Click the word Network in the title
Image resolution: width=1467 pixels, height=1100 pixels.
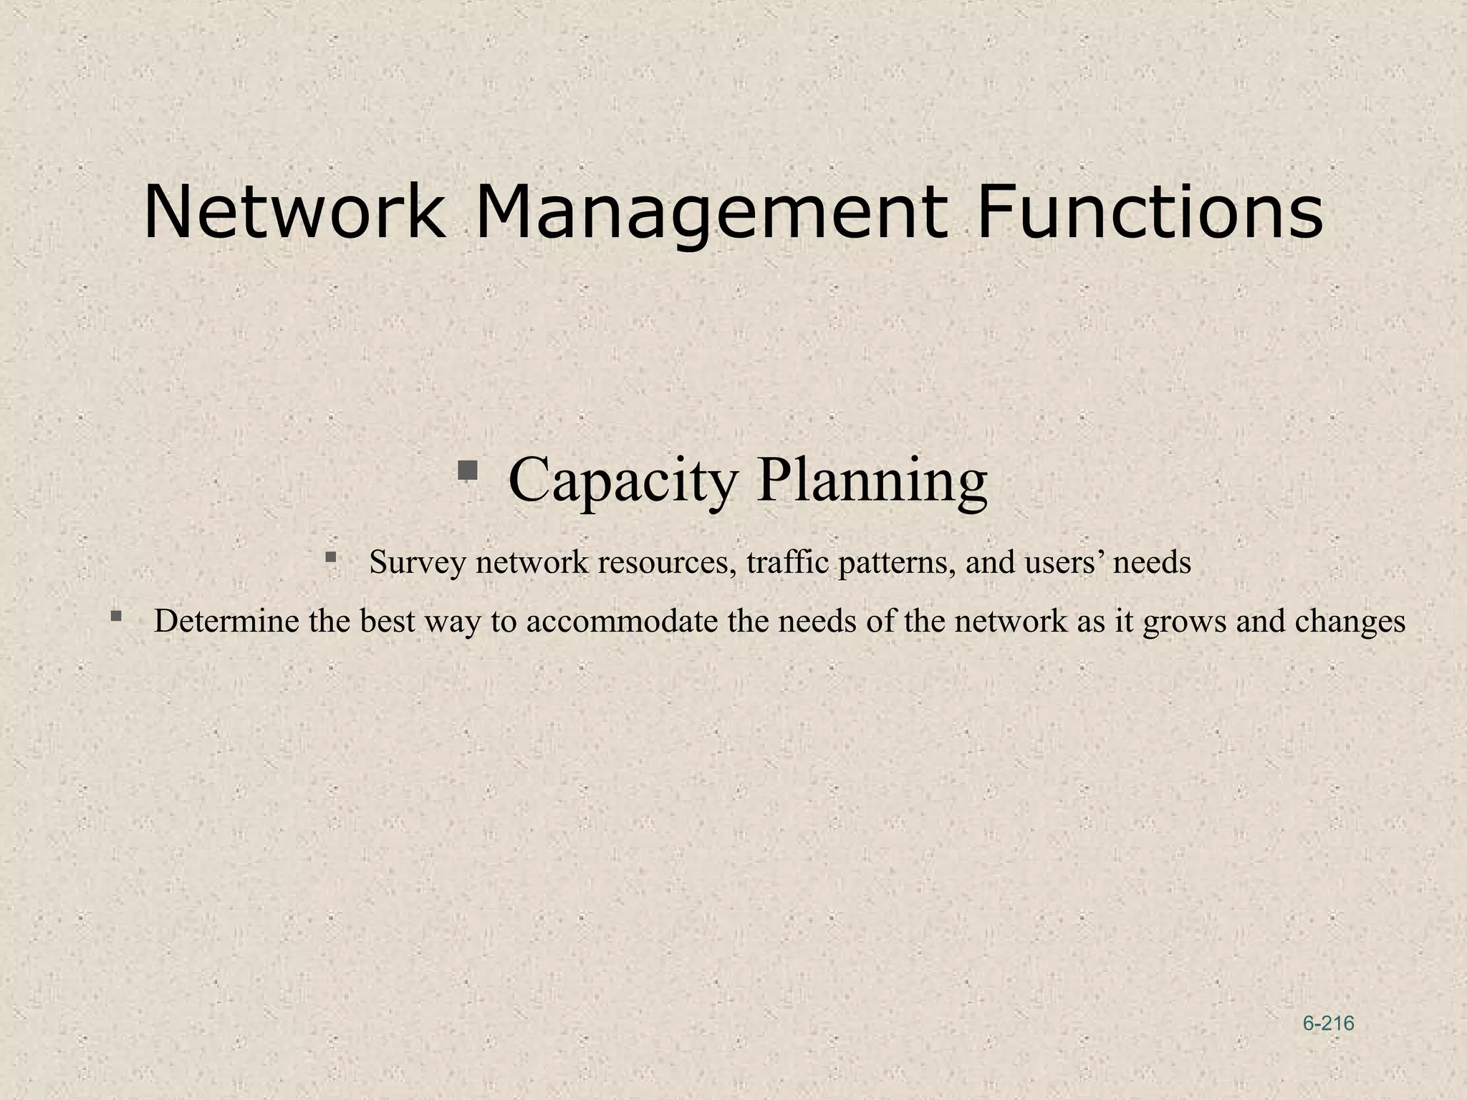pyautogui.click(x=294, y=213)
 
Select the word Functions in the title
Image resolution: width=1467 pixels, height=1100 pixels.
pyautogui.click(x=1149, y=213)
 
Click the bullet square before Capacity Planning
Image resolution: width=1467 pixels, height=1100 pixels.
pyautogui.click(x=468, y=471)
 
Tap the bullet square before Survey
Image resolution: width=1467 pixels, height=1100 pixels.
pyautogui.click(x=330, y=556)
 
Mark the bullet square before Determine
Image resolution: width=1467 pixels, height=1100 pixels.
pyautogui.click(x=116, y=615)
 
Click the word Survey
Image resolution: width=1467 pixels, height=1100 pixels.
pyautogui.click(x=417, y=563)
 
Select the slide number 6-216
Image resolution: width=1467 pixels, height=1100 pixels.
pyautogui.click(x=1328, y=1024)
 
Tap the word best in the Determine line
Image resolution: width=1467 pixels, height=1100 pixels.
pyautogui.click(x=387, y=621)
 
